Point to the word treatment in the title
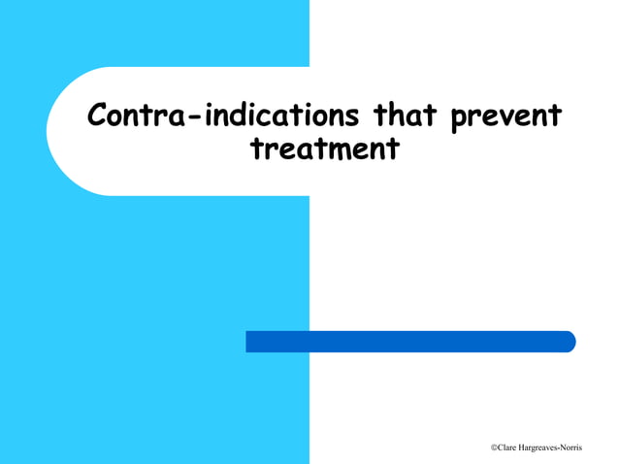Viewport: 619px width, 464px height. pyautogui.click(x=324, y=150)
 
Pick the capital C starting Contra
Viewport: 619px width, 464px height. pyautogui.click(x=98, y=116)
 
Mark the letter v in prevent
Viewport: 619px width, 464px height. pyautogui.click(x=505, y=120)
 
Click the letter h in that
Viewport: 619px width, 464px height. pyautogui.click(x=403, y=116)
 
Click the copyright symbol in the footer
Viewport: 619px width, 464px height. pyautogui.click(x=494, y=447)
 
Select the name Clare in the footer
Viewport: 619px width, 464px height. pyautogui.click(x=508, y=447)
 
